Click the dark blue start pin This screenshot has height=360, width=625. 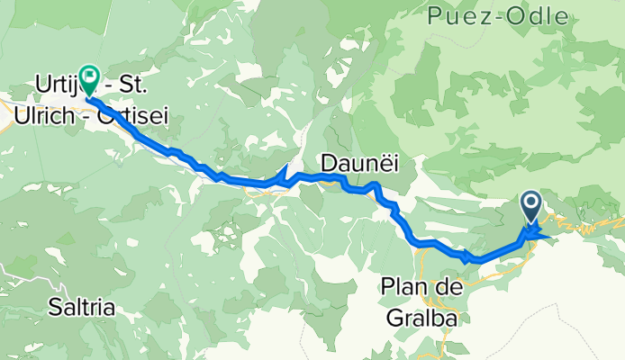(x=530, y=207)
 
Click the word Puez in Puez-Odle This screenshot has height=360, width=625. (x=459, y=16)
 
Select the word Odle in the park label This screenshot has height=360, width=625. (x=538, y=16)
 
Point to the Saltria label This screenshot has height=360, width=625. (x=82, y=308)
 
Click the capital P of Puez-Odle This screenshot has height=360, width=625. (x=437, y=16)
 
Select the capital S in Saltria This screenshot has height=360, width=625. (x=56, y=308)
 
